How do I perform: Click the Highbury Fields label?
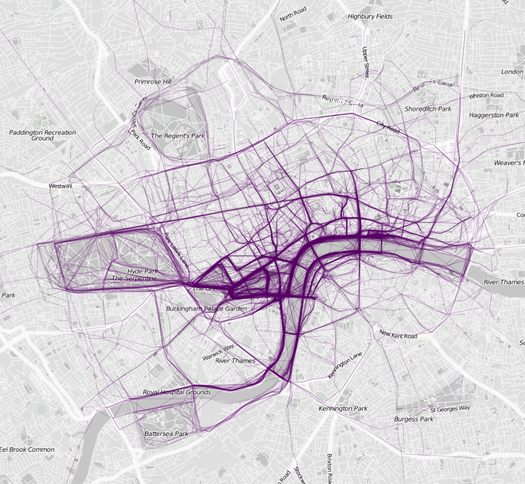tap(370, 16)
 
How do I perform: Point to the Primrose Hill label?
tap(153, 82)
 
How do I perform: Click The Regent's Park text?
tap(178, 136)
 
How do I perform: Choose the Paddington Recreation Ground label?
tap(42, 135)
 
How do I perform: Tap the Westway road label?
tap(61, 186)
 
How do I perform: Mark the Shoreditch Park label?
tap(428, 109)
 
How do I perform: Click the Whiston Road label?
tap(486, 95)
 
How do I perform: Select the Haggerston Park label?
tap(494, 115)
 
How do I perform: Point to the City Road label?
tap(388, 127)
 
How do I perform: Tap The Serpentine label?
tap(134, 278)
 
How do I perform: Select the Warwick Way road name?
tap(219, 352)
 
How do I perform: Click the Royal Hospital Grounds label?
tap(177, 392)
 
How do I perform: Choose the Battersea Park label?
tap(166, 434)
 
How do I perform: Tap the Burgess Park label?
tap(414, 419)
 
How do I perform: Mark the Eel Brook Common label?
tap(28, 449)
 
